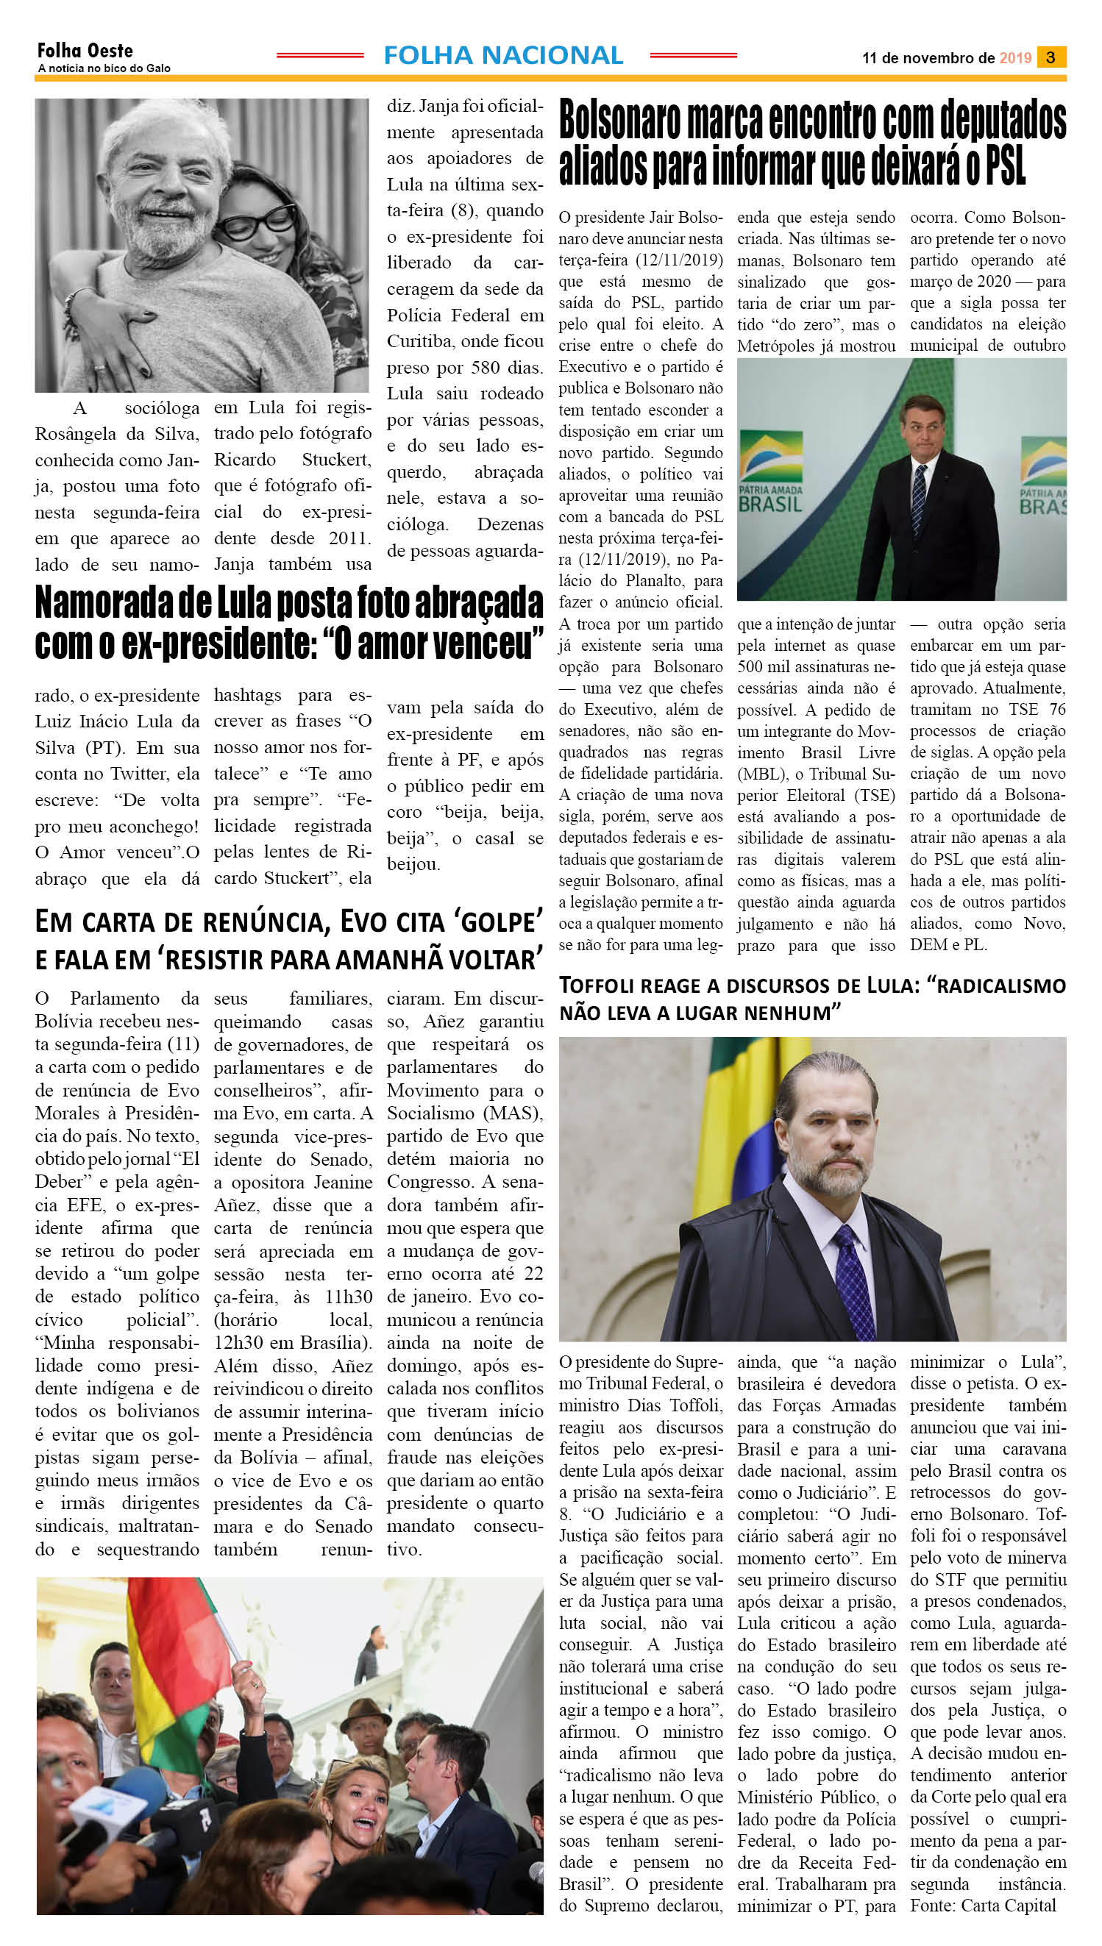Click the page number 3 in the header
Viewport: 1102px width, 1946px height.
tap(1051, 57)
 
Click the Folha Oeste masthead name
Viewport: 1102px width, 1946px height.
tap(85, 51)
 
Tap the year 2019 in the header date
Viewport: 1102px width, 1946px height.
tap(1015, 58)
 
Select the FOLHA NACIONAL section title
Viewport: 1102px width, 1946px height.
tap(503, 55)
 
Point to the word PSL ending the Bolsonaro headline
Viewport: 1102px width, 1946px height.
tap(1005, 165)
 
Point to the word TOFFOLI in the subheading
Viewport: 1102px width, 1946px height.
tap(598, 986)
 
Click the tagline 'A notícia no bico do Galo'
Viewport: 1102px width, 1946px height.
tap(104, 68)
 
